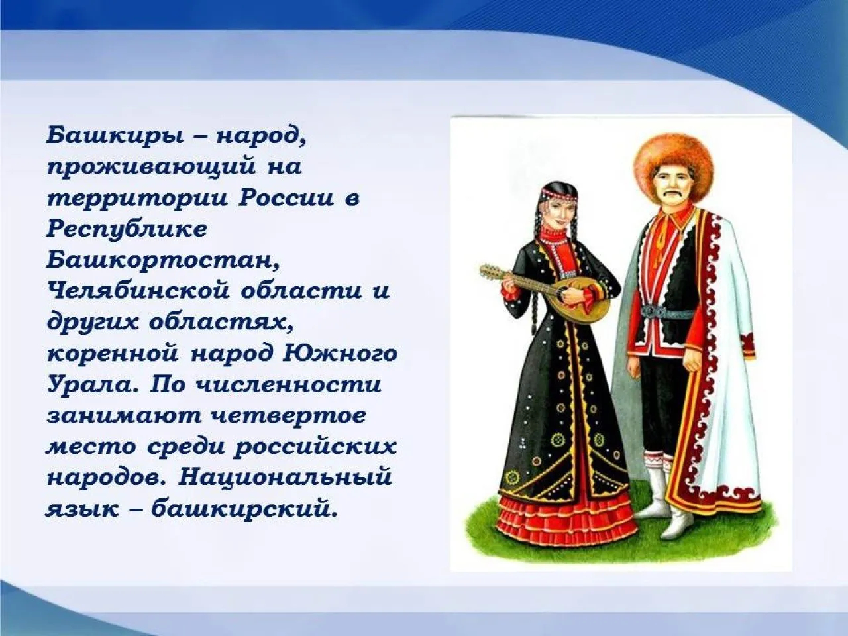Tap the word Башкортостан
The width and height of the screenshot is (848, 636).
(x=162, y=260)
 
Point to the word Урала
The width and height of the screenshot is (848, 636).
(x=91, y=384)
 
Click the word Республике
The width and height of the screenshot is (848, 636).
(x=127, y=229)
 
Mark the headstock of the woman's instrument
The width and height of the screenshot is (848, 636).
(x=488, y=270)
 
